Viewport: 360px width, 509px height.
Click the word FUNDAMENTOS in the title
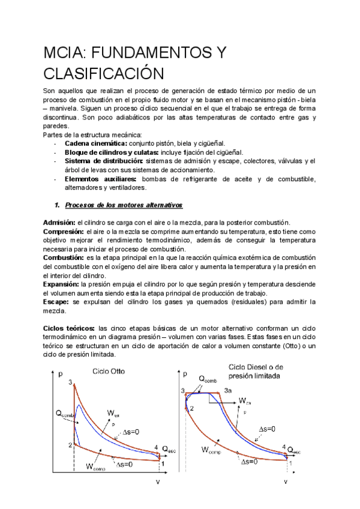click(149, 53)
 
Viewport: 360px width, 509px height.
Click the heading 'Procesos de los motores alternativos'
click(123, 205)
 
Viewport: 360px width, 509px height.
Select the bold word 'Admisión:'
click(59, 223)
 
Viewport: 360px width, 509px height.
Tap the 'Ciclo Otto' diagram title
click(109, 371)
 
